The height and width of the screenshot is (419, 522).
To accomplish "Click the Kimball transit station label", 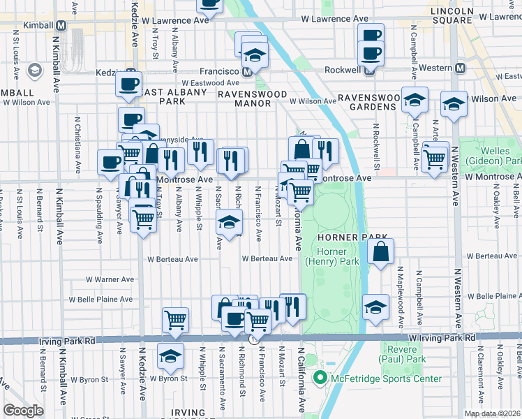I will (x=36, y=24).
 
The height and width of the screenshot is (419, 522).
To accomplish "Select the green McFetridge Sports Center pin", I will (x=321, y=379).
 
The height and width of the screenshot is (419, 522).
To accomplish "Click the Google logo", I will (x=23, y=411).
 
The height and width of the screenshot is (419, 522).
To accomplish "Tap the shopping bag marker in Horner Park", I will (x=380, y=252).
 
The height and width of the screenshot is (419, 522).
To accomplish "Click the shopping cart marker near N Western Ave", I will (x=435, y=160).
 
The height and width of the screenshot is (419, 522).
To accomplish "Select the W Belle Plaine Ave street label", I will (x=100, y=300).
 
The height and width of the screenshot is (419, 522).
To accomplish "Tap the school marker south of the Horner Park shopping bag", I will (x=375, y=308).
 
